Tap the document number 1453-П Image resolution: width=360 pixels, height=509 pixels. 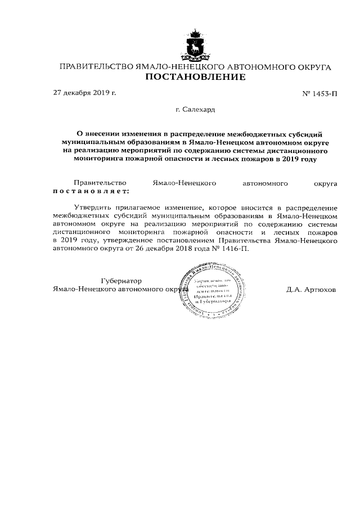pos(320,93)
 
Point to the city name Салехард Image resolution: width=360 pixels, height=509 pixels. pos(195,110)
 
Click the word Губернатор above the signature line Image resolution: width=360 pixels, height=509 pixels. pos(121,281)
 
